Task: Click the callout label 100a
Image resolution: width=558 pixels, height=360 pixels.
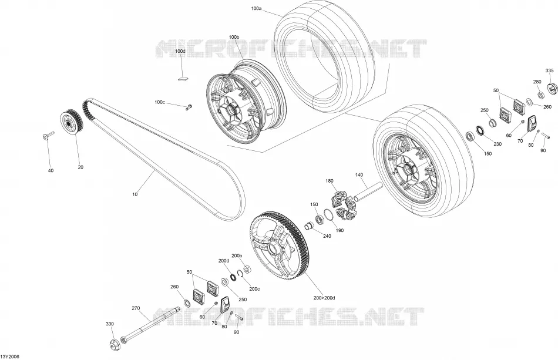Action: pos(256,8)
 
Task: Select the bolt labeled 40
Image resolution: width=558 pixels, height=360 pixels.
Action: pos(48,136)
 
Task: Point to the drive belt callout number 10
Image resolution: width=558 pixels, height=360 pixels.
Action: pos(135,194)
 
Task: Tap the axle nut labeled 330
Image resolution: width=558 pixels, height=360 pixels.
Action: pos(115,344)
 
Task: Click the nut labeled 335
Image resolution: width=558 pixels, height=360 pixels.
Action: pos(552,89)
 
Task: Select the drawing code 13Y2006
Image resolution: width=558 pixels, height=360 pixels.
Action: pos(10,356)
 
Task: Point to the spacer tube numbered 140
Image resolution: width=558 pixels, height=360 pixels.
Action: pos(367,191)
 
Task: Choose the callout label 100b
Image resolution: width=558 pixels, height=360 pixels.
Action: pos(234,37)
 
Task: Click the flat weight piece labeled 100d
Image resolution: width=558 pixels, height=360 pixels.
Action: pos(183,78)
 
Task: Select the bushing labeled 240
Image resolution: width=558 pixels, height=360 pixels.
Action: pos(309,226)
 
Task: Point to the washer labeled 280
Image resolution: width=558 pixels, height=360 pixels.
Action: pos(540,95)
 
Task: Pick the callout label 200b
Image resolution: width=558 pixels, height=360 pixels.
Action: pos(237,256)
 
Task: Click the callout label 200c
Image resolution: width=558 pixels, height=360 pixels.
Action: pos(254,289)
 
